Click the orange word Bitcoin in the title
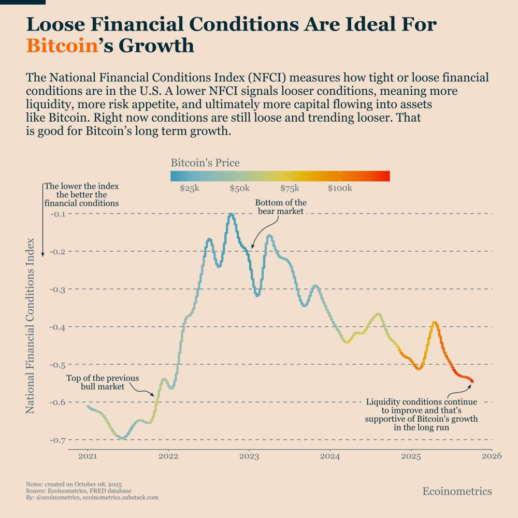point(62,46)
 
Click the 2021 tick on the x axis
point(87,456)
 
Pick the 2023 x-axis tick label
point(249,456)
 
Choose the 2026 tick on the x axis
point(492,456)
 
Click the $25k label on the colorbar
point(190,188)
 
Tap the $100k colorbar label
point(340,188)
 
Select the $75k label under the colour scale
point(291,188)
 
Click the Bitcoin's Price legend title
point(205,163)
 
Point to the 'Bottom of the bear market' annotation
point(281,207)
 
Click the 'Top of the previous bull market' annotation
point(95,382)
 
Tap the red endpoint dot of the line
point(472,382)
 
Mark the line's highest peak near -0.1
point(231,214)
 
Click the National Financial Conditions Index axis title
point(30,325)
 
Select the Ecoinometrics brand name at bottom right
point(457,491)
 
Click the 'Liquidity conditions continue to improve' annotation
point(421,415)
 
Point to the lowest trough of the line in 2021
point(122,438)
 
